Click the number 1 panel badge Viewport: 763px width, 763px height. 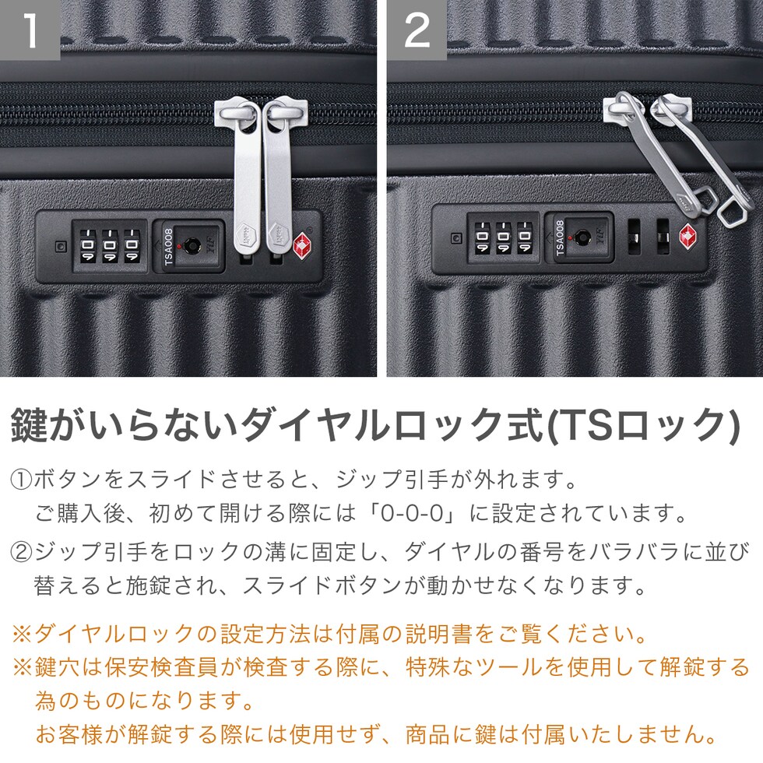click(x=30, y=30)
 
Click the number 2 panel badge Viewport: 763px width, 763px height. click(x=417, y=30)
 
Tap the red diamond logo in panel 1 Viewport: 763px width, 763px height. click(x=302, y=246)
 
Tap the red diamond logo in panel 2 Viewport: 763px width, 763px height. click(x=688, y=237)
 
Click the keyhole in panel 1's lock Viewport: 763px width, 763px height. click(x=192, y=245)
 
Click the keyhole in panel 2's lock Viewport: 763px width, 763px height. click(x=582, y=237)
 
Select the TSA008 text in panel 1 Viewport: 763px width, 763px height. click(x=168, y=247)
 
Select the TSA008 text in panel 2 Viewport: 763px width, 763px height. click(x=560, y=238)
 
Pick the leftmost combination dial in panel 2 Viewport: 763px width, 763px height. click(x=483, y=237)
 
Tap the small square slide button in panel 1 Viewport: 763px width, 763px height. click(x=61, y=246)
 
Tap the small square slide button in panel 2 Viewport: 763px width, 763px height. click(x=456, y=238)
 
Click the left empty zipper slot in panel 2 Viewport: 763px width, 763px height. click(x=634, y=237)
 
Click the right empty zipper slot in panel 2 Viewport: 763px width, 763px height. click(x=663, y=237)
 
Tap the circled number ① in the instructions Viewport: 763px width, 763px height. click(x=21, y=480)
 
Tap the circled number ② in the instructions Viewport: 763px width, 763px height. click(x=21, y=552)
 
